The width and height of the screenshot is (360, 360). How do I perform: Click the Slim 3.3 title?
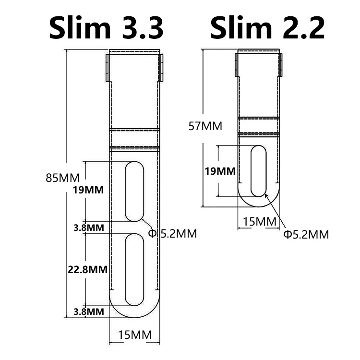pyautogui.click(x=106, y=27)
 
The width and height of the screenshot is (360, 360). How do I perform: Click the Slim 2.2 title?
pyautogui.click(x=268, y=27)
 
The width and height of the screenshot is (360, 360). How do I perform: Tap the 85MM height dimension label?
pyautogui.click(x=63, y=178)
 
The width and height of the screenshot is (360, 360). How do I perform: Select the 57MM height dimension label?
pyautogui.click(x=205, y=126)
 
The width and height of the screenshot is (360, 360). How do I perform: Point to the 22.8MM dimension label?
pyautogui.click(x=88, y=270)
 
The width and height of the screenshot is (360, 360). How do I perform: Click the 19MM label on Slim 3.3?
pyautogui.click(x=88, y=190)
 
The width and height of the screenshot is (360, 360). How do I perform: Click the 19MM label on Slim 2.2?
pyautogui.click(x=220, y=171)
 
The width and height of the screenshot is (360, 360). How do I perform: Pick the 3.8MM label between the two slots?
pyautogui.click(x=89, y=228)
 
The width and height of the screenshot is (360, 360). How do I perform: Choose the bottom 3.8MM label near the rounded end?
pyautogui.click(x=89, y=312)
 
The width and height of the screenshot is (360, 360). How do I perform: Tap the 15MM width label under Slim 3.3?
pyautogui.click(x=135, y=335)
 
